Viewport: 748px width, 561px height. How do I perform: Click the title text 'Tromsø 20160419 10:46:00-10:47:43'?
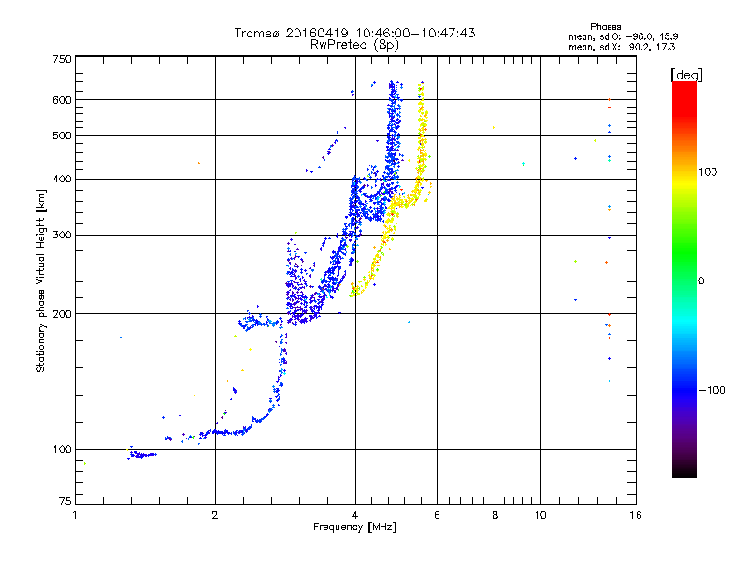point(354,33)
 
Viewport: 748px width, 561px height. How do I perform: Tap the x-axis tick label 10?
point(539,515)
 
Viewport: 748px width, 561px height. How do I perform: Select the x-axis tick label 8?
point(496,515)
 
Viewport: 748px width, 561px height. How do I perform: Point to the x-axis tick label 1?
point(75,515)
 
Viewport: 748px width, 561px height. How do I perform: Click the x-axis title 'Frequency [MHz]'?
point(354,528)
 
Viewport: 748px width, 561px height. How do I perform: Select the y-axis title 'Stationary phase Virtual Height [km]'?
point(41,280)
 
